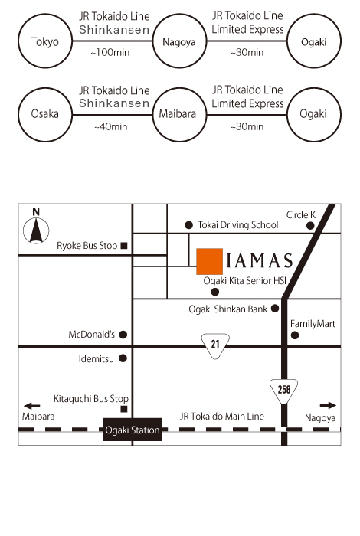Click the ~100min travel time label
110,52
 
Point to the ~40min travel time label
111,126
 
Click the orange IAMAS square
210,262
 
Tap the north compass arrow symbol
36,230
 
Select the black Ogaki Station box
133,430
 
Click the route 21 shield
215,345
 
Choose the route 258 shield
283,391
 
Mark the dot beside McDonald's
123,335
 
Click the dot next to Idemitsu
123,358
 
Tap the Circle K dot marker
310,226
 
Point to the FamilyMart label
313,323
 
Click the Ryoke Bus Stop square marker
124,246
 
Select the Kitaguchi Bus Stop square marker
124,409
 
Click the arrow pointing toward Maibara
32,406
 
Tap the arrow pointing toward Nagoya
328,405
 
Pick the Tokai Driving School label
238,225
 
